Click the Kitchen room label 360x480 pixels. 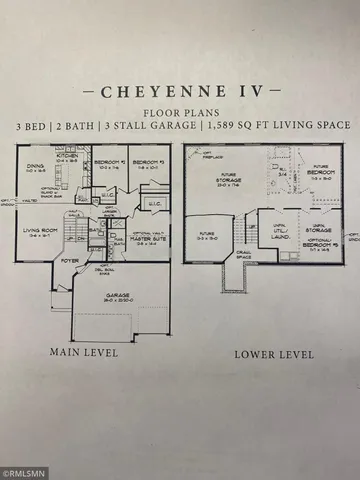(67, 158)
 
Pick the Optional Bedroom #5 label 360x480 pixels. (321, 242)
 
